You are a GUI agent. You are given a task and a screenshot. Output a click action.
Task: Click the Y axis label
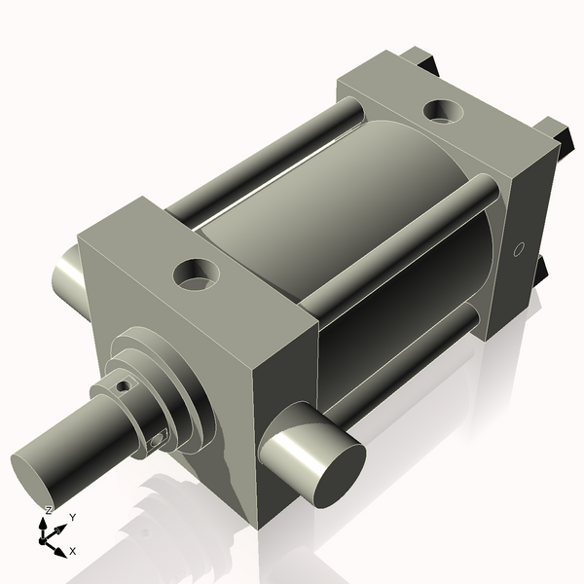(x=73, y=518)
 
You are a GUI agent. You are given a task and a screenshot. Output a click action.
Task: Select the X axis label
(x=72, y=552)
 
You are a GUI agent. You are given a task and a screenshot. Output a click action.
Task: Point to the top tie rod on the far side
(x=263, y=156)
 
